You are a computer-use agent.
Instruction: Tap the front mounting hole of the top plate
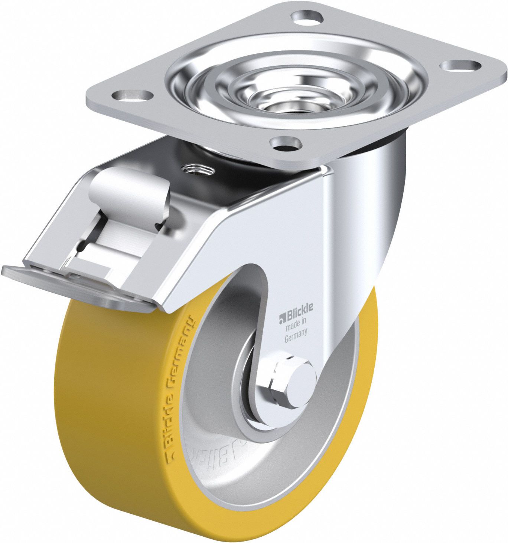click(285, 143)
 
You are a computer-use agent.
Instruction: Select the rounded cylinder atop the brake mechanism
click(128, 189)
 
